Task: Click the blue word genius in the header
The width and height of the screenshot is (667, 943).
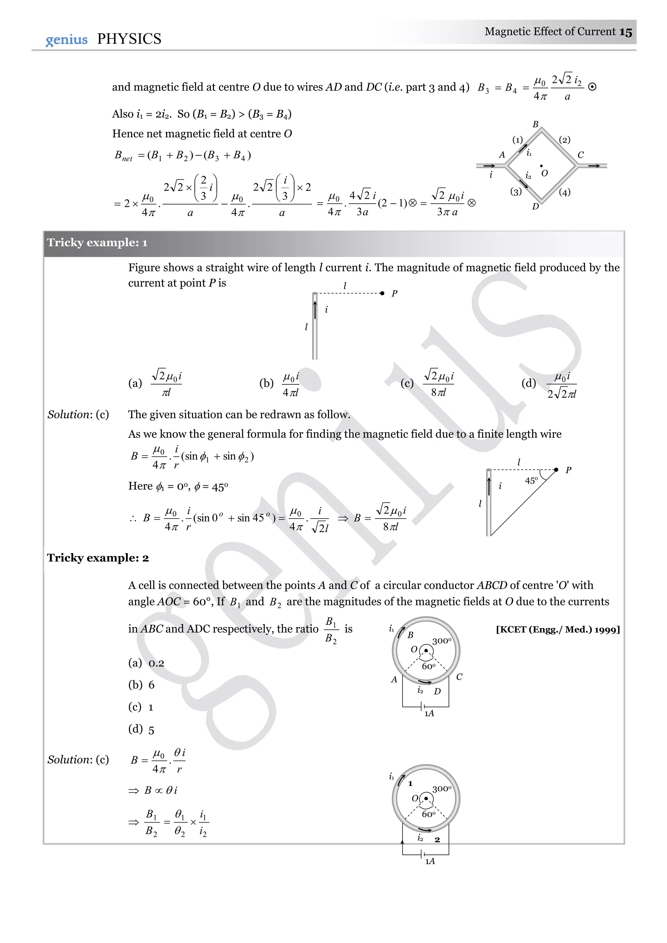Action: (x=66, y=39)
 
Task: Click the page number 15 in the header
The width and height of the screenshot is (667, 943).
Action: (x=626, y=32)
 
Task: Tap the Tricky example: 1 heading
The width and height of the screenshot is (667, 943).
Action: (x=97, y=243)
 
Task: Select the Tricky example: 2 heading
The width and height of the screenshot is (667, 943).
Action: (x=98, y=558)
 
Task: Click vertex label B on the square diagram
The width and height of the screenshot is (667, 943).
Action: (x=535, y=124)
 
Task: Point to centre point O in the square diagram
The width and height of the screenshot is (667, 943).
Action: (x=541, y=166)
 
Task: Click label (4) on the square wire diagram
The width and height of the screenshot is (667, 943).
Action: (x=565, y=192)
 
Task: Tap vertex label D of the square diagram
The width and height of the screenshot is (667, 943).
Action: (x=535, y=206)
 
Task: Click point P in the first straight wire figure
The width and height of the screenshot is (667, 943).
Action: (x=382, y=293)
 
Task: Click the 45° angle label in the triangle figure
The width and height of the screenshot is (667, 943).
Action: (x=531, y=480)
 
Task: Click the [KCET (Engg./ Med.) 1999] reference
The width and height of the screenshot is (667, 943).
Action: (x=558, y=629)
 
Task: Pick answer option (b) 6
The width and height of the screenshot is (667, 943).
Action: (x=142, y=685)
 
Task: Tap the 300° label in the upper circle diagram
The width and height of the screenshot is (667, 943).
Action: (x=442, y=641)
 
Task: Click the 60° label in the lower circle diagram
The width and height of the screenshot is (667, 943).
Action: (x=428, y=814)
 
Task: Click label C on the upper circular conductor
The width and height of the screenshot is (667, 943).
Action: (x=459, y=677)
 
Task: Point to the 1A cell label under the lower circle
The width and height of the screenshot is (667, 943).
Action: (x=430, y=861)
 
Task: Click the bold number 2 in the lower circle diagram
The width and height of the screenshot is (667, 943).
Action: (x=437, y=840)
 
